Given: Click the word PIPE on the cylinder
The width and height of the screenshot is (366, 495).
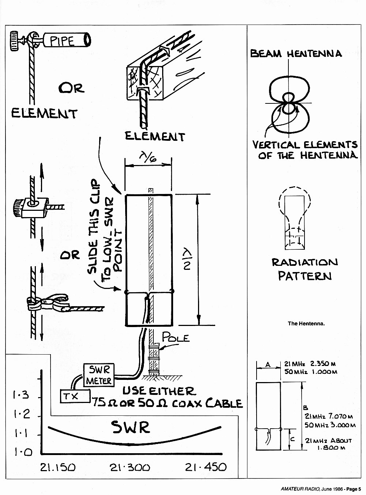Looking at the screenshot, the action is coord(62,41).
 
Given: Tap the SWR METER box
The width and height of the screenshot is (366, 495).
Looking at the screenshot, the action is coord(99,375).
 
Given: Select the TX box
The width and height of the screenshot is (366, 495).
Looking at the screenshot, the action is coord(75,396).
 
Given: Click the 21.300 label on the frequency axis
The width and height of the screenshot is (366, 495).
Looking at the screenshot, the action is coord(130,467).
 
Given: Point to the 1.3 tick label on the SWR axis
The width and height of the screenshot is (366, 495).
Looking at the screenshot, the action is coord(21,395).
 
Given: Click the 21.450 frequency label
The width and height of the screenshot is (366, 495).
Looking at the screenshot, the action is coord(206,467).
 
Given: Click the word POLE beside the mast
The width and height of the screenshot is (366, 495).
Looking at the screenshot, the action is coord(176,337).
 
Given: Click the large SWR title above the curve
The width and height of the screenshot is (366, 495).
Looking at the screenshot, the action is coord(130,427).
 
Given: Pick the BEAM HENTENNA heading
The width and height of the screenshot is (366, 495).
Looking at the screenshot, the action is coord(296,54).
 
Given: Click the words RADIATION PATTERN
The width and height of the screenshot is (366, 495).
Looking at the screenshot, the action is coord(305,269).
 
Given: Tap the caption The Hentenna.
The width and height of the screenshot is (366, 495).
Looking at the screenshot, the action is coord(306,323).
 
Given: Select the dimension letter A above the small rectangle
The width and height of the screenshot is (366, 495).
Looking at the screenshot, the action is coord(268,364).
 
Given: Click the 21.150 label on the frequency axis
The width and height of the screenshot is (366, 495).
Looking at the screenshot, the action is coord(58,467).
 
